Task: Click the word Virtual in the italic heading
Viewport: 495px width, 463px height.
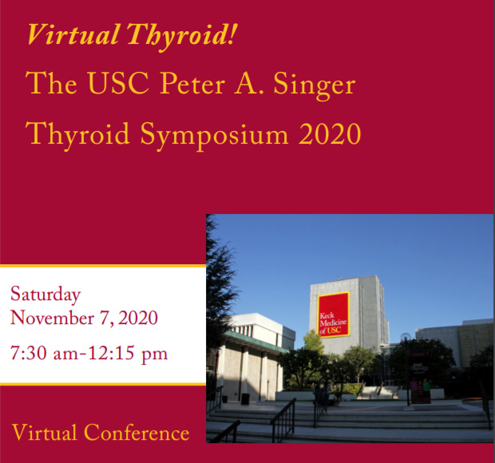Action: [73, 34]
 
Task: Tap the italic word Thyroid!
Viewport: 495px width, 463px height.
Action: [182, 36]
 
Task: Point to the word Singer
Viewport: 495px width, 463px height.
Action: [315, 85]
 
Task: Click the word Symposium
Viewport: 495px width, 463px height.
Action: [214, 136]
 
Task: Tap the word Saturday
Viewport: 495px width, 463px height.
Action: [46, 295]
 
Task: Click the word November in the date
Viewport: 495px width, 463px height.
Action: [52, 317]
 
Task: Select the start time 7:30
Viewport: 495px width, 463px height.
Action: [29, 353]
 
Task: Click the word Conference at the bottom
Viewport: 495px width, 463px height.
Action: [137, 433]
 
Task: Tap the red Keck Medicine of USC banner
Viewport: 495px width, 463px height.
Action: [334, 315]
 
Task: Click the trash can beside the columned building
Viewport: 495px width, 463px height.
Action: [245, 399]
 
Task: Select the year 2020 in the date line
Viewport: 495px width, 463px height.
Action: [138, 318]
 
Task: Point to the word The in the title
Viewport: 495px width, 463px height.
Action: [51, 83]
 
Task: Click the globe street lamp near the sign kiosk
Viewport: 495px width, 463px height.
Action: [406, 337]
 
